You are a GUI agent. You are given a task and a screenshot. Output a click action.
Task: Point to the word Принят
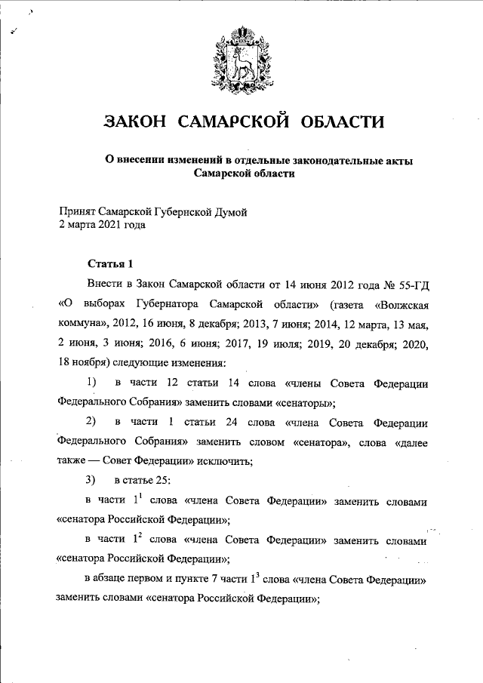(x=78, y=213)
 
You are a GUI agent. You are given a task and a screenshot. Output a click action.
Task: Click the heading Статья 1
(x=110, y=263)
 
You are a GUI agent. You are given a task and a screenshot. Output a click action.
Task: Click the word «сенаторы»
(x=306, y=403)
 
